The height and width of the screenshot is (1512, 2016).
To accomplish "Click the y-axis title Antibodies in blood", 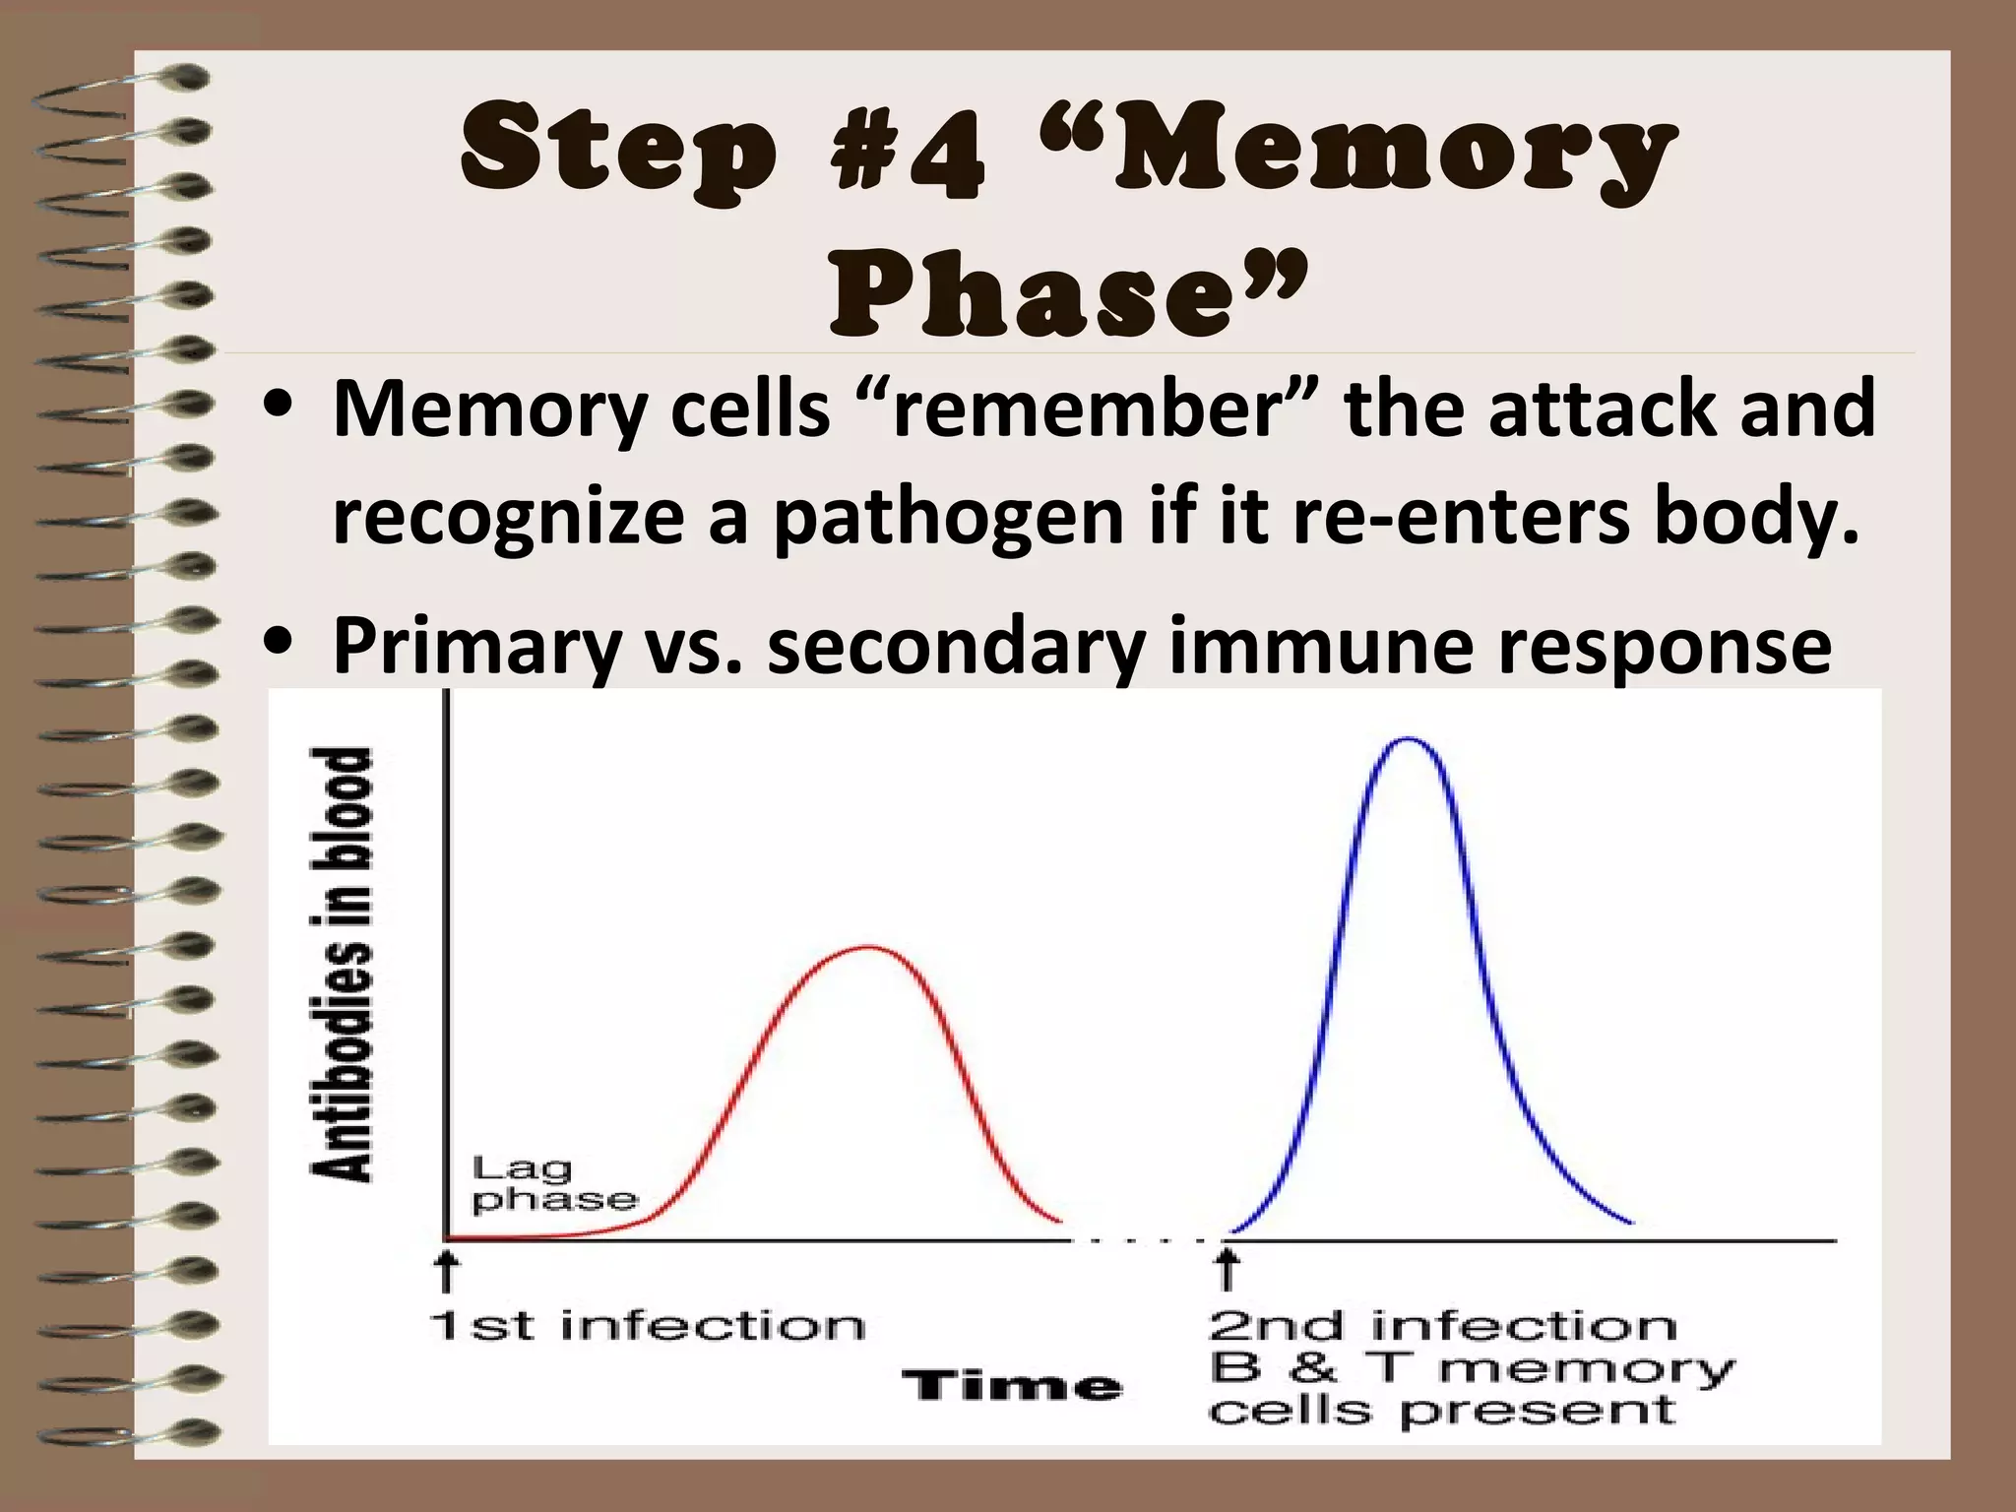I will [342, 964].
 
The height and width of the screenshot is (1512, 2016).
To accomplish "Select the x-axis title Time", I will [1013, 1387].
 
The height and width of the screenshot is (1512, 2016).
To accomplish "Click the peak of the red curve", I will [866, 948].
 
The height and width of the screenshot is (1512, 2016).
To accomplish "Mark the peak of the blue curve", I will [1408, 738].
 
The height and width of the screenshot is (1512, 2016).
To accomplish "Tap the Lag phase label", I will [554, 1184].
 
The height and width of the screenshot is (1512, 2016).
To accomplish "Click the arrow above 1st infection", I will [448, 1270].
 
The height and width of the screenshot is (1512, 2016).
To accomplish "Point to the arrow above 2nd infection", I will [1227, 1270].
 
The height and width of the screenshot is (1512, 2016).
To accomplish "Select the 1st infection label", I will [648, 1326].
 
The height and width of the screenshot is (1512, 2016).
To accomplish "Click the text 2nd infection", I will [1442, 1326].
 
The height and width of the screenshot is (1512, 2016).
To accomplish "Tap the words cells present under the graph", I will [1442, 1411].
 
